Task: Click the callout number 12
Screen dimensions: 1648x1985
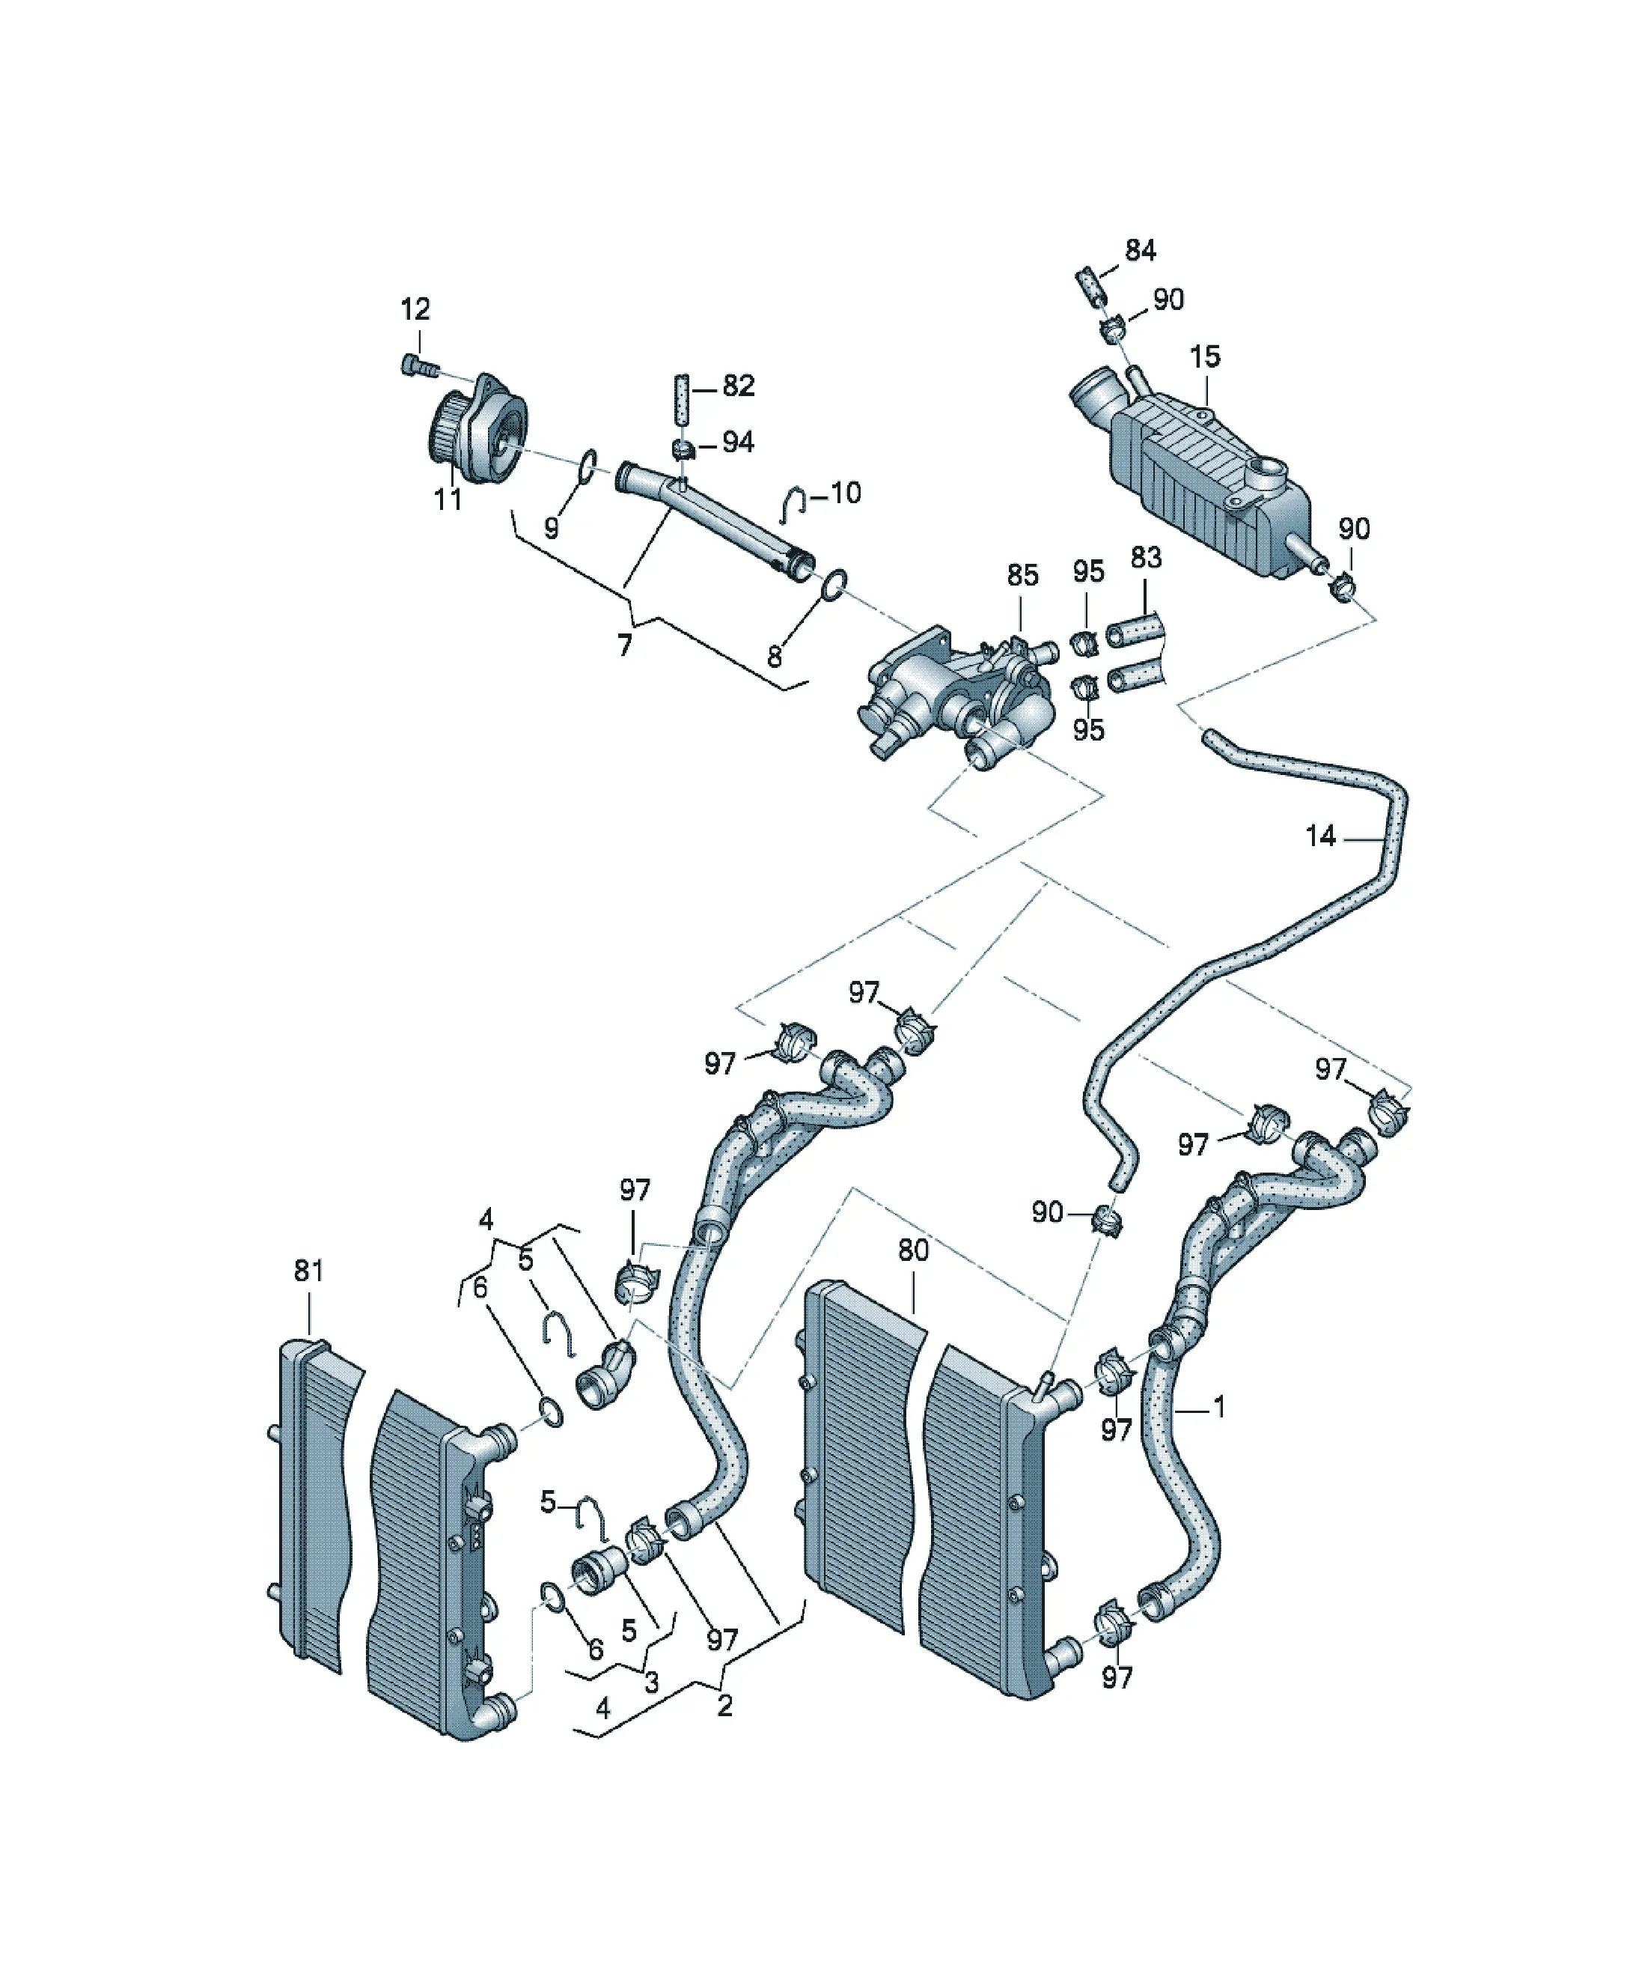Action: (415, 309)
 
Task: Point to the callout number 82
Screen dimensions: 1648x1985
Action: (738, 386)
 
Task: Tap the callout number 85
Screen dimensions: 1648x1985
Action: (1022, 575)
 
